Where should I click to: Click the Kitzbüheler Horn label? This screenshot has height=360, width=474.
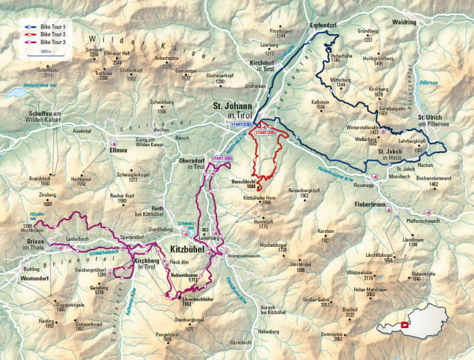pyautogui.click(x=262, y=198)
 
